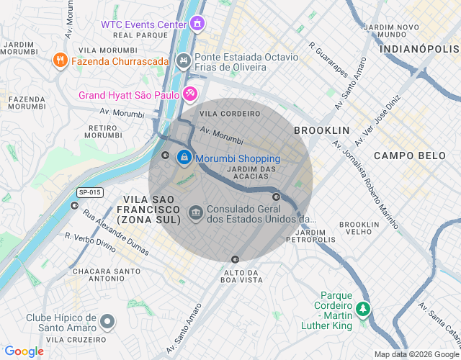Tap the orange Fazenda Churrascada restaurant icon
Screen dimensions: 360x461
click(x=61, y=61)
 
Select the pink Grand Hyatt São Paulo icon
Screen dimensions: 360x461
click(x=189, y=94)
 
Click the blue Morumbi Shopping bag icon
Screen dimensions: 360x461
click(x=184, y=156)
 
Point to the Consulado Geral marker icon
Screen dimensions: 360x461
click(x=195, y=213)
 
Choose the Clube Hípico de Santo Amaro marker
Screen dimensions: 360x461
click(x=107, y=321)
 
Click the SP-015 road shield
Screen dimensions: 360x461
click(x=90, y=193)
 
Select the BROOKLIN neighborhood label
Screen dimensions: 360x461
click(x=321, y=130)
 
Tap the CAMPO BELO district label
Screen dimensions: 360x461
click(x=404, y=156)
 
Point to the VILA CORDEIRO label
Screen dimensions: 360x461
click(x=230, y=114)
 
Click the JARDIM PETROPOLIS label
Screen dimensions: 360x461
click(x=315, y=236)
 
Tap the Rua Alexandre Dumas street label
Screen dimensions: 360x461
click(x=116, y=232)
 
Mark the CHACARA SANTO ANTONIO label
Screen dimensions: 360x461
click(x=106, y=275)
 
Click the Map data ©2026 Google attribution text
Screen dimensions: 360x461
click(x=416, y=354)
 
